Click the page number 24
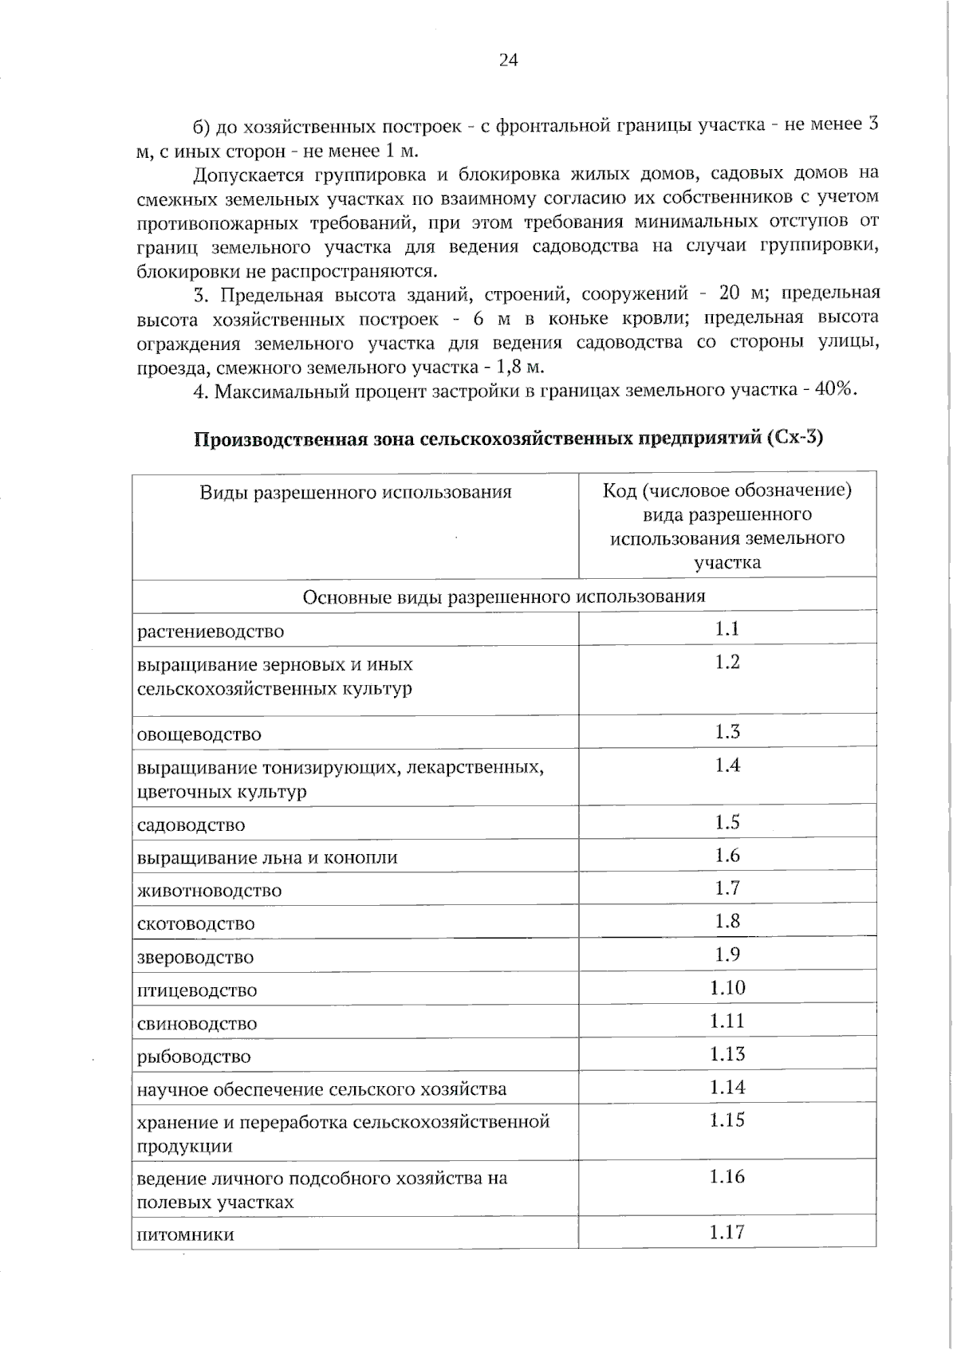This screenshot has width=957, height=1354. click(508, 61)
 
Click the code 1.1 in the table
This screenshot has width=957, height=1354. click(727, 629)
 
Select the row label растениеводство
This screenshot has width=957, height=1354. click(211, 632)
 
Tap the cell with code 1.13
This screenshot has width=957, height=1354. click(727, 1054)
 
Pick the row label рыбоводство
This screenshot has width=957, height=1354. click(194, 1057)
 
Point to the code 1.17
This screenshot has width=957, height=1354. click(727, 1233)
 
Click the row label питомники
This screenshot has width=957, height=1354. click(186, 1236)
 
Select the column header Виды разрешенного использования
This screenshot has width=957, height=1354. click(356, 492)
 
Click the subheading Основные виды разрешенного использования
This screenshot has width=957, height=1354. click(504, 596)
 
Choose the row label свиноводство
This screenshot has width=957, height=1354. click(197, 1024)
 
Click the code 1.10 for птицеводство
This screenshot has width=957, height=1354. click(727, 988)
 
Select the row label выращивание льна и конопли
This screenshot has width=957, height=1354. click(267, 858)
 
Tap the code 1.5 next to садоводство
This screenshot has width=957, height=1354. click(727, 822)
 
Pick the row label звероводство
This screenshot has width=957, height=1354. click(195, 958)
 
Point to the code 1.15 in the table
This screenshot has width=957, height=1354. click(727, 1120)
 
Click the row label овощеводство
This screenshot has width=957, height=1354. click(199, 734)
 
